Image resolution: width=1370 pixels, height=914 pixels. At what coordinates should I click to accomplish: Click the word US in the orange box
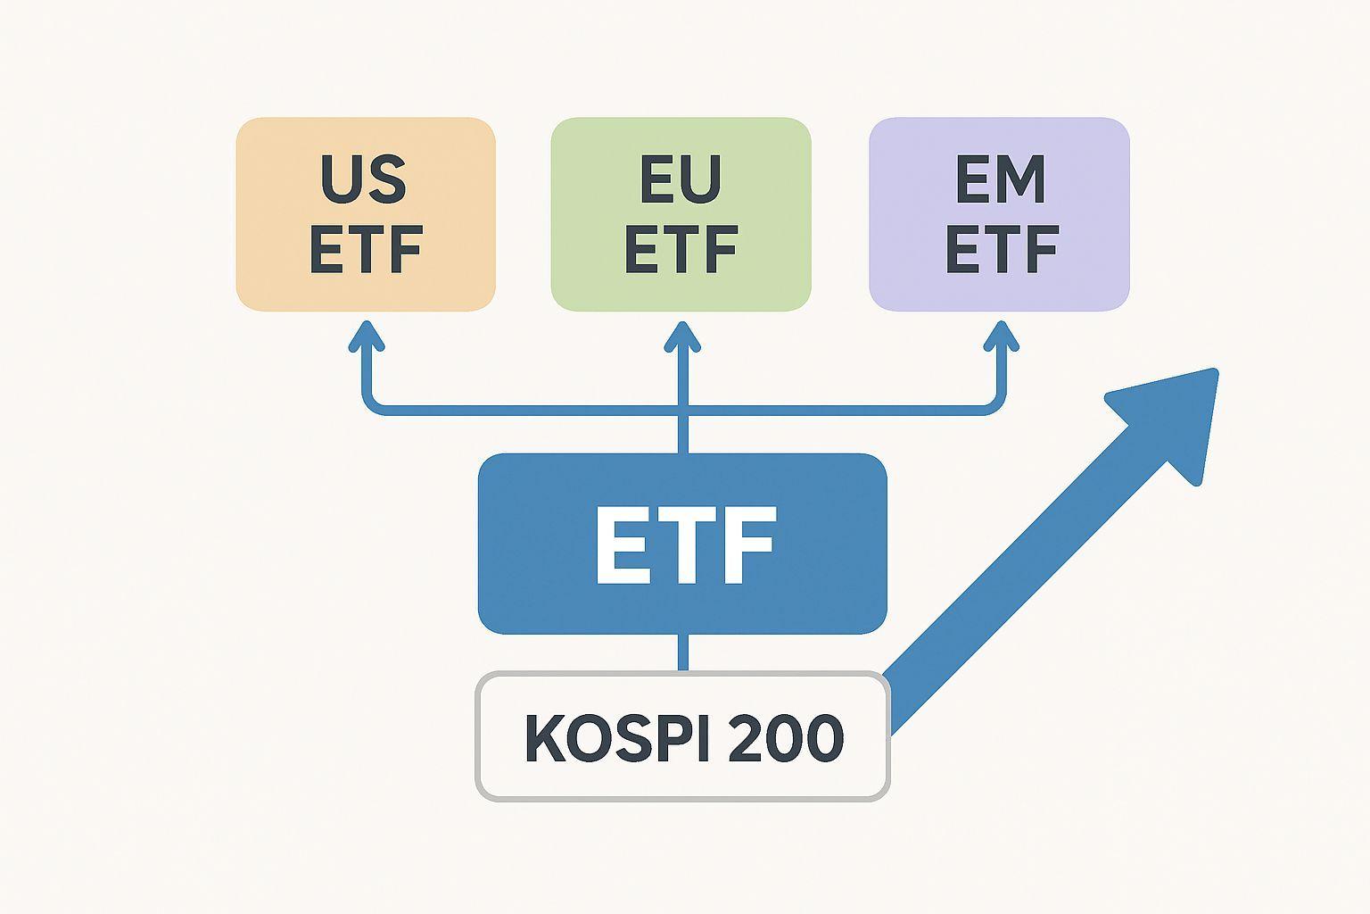coord(364,179)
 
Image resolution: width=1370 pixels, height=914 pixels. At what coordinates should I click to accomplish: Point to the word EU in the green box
coord(681,179)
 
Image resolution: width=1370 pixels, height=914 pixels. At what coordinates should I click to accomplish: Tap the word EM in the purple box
coord(1000,179)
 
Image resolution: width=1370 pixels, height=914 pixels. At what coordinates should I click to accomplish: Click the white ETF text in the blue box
coord(684,545)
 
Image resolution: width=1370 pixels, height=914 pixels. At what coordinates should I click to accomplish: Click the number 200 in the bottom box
coord(786,738)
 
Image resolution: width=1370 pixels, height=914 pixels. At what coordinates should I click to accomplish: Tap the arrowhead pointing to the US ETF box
coord(366,337)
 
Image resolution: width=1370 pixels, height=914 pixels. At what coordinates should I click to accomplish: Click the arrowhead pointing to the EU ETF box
coord(682,337)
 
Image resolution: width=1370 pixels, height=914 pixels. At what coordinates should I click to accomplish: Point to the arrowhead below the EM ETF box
coord(1001,337)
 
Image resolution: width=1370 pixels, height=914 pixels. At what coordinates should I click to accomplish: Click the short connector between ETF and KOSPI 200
coord(683,652)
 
